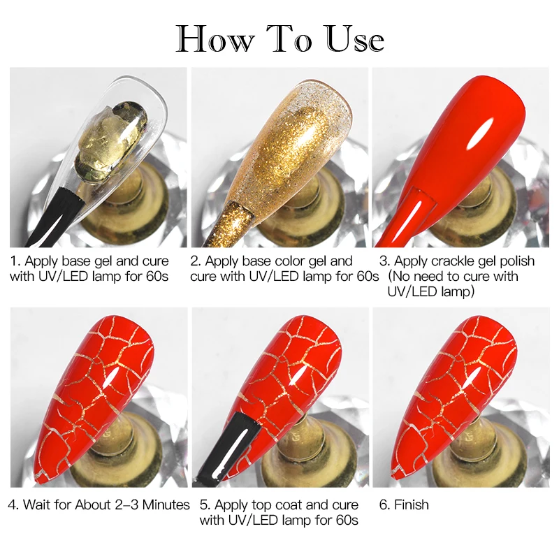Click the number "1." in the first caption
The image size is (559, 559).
16,261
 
